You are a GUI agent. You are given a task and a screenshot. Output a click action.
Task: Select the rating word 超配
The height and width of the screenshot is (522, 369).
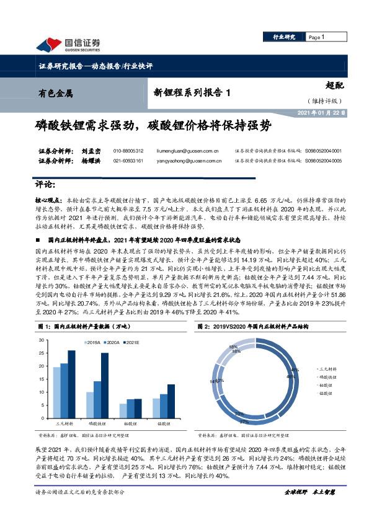[334, 87]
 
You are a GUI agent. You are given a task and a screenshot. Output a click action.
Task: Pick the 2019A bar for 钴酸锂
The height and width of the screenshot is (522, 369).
[123, 411]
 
